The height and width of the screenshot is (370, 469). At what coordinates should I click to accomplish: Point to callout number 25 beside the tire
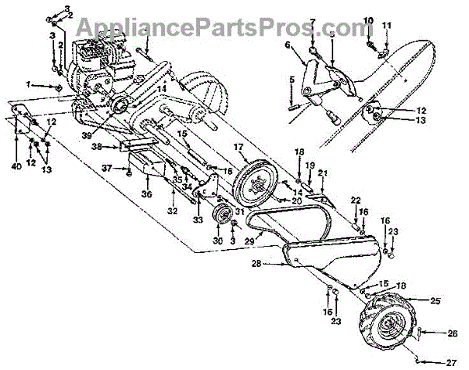(435, 301)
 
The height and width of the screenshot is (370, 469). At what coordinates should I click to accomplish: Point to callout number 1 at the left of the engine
(28, 83)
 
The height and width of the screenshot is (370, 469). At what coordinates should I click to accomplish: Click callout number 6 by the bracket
(287, 45)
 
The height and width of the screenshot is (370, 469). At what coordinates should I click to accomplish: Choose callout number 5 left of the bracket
(292, 79)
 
